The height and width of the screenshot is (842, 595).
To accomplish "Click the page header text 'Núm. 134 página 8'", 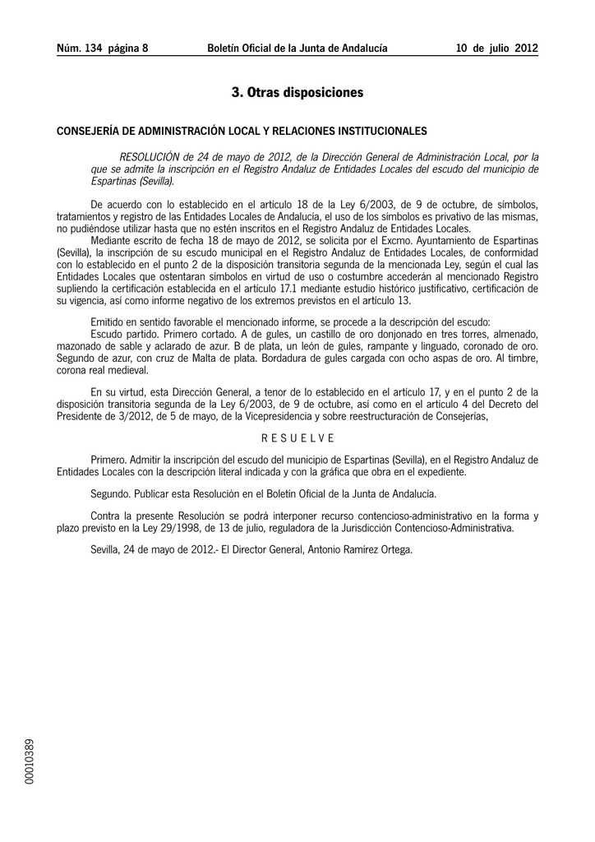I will click(x=102, y=49).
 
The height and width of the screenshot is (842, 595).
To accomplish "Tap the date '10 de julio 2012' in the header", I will click(x=497, y=49).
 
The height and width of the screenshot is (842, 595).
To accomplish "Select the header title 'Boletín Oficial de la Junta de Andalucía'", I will click(x=297, y=49).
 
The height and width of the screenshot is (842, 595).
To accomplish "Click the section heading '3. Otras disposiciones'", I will click(x=297, y=93).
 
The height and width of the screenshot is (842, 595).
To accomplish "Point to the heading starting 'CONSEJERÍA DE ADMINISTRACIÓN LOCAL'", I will click(x=241, y=131).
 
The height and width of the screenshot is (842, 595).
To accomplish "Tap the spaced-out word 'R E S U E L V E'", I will click(x=297, y=437).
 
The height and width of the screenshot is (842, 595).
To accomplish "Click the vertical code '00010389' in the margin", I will click(x=30, y=761).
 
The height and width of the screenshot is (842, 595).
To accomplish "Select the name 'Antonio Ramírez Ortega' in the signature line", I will click(x=359, y=549).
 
